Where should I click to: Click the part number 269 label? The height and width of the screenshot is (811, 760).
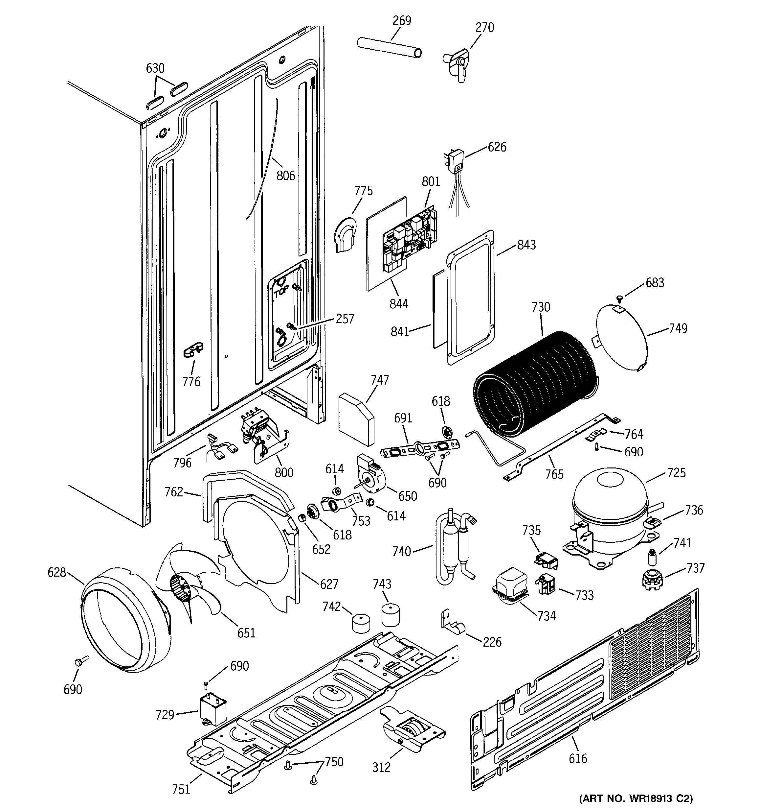click(402, 20)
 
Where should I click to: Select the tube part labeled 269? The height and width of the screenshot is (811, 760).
click(389, 48)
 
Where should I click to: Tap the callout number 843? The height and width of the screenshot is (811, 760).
click(526, 245)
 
